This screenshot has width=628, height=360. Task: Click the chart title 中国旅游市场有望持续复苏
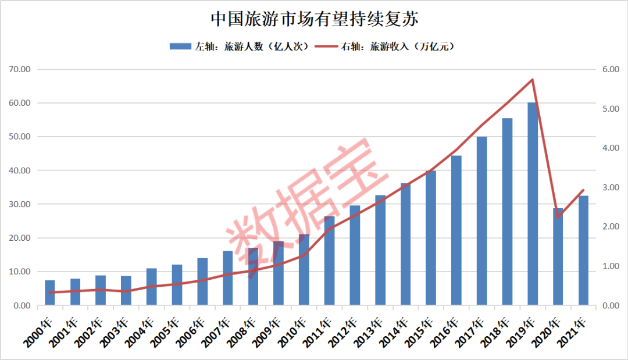tap(314, 19)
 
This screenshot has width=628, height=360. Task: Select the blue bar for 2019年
tap(532, 204)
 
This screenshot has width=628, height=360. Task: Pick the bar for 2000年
tap(50, 293)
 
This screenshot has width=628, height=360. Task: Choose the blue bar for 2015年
tap(431, 238)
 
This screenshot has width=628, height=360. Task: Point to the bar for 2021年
tap(583, 250)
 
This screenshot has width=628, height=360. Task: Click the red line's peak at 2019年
tap(532, 80)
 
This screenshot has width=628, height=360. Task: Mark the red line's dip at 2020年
tap(558, 217)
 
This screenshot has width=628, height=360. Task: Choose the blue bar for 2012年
tap(355, 255)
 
